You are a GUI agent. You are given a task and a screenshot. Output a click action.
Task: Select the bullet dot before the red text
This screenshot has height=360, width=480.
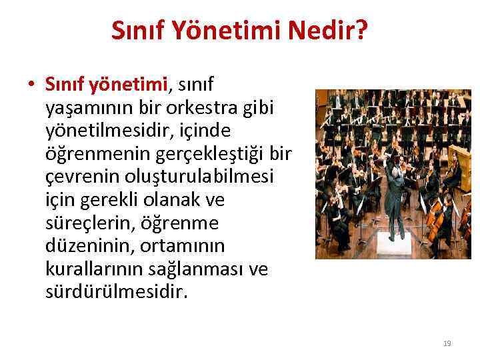coord(31,85)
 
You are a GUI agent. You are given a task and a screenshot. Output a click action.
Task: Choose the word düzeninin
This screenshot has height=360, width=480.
coord(89,247)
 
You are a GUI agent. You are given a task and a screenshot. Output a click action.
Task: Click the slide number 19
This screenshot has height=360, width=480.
coord(447,343)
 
